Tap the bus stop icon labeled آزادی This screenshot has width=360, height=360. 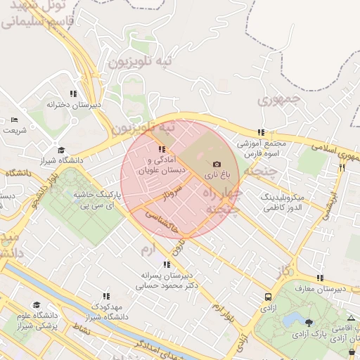coord(269,297)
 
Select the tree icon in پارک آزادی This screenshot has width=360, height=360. coord(309,322)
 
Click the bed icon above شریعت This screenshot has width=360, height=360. coord(15,120)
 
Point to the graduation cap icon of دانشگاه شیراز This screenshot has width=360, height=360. coord(62,150)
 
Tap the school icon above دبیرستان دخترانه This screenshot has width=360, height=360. coord(73,94)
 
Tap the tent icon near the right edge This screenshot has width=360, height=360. coord(352,318)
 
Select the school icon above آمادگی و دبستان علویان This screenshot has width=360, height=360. coord(162,149)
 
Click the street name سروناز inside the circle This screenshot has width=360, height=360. coord(174,190)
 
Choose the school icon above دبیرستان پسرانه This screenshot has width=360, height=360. coord(167,264)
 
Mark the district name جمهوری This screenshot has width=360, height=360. coord(279,101)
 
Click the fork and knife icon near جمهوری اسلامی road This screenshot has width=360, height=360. coord(342,168)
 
